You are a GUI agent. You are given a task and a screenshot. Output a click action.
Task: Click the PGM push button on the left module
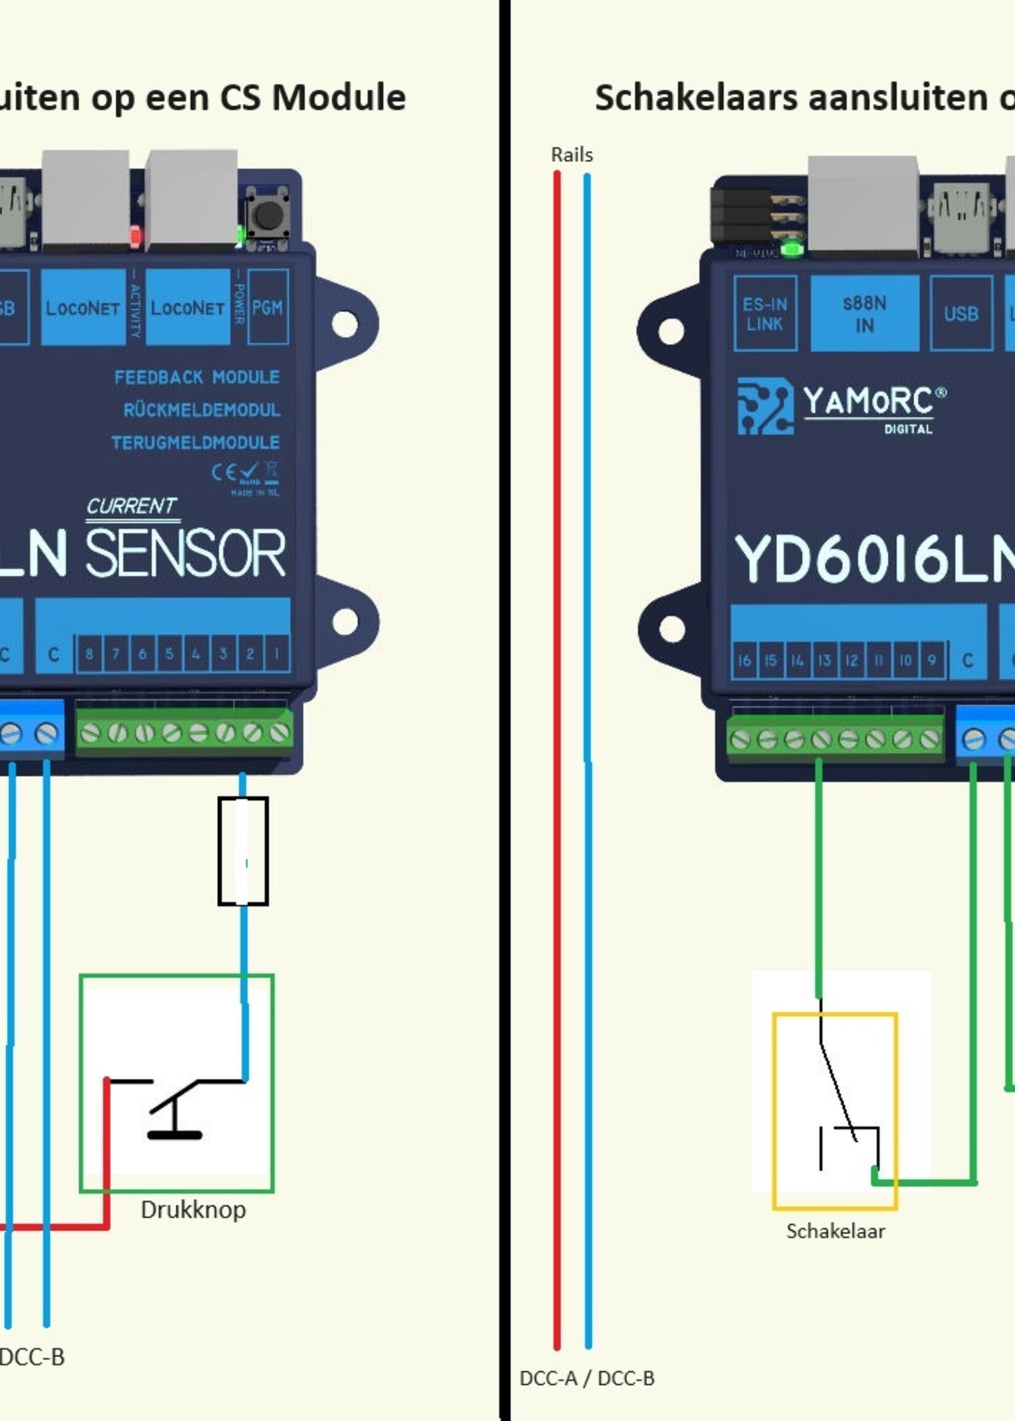pos(268,215)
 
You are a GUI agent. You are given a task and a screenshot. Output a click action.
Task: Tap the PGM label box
pos(268,307)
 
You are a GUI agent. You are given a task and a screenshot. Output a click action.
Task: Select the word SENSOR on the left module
pos(186,554)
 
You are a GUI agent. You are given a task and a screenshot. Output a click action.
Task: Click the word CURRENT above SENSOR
pos(132,506)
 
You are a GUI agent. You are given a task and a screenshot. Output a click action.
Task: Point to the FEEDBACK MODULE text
pos(196,377)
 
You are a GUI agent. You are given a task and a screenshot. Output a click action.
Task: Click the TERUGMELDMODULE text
pos(195,443)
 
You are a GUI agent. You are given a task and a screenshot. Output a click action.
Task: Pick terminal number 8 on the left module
pos(89,654)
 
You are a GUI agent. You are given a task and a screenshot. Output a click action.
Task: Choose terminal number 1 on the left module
pos(277,654)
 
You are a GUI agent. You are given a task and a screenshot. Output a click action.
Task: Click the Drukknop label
pos(193,1209)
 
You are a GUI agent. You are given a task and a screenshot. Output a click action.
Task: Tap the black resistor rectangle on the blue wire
pos(243,850)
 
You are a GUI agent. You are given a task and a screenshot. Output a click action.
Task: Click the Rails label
pos(571,155)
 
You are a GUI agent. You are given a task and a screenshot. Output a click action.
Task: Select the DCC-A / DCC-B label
pos(587,1377)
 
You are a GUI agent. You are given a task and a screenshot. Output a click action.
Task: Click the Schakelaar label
pos(835,1231)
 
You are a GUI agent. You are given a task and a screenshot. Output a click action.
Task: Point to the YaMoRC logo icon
pos(765,406)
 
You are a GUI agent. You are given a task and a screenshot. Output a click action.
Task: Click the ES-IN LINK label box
pos(764,314)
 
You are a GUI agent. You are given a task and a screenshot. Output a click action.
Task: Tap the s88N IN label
pos(864,314)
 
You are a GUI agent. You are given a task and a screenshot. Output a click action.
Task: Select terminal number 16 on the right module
pos(744,660)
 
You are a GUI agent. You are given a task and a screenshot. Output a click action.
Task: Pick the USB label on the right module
pos(961,314)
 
